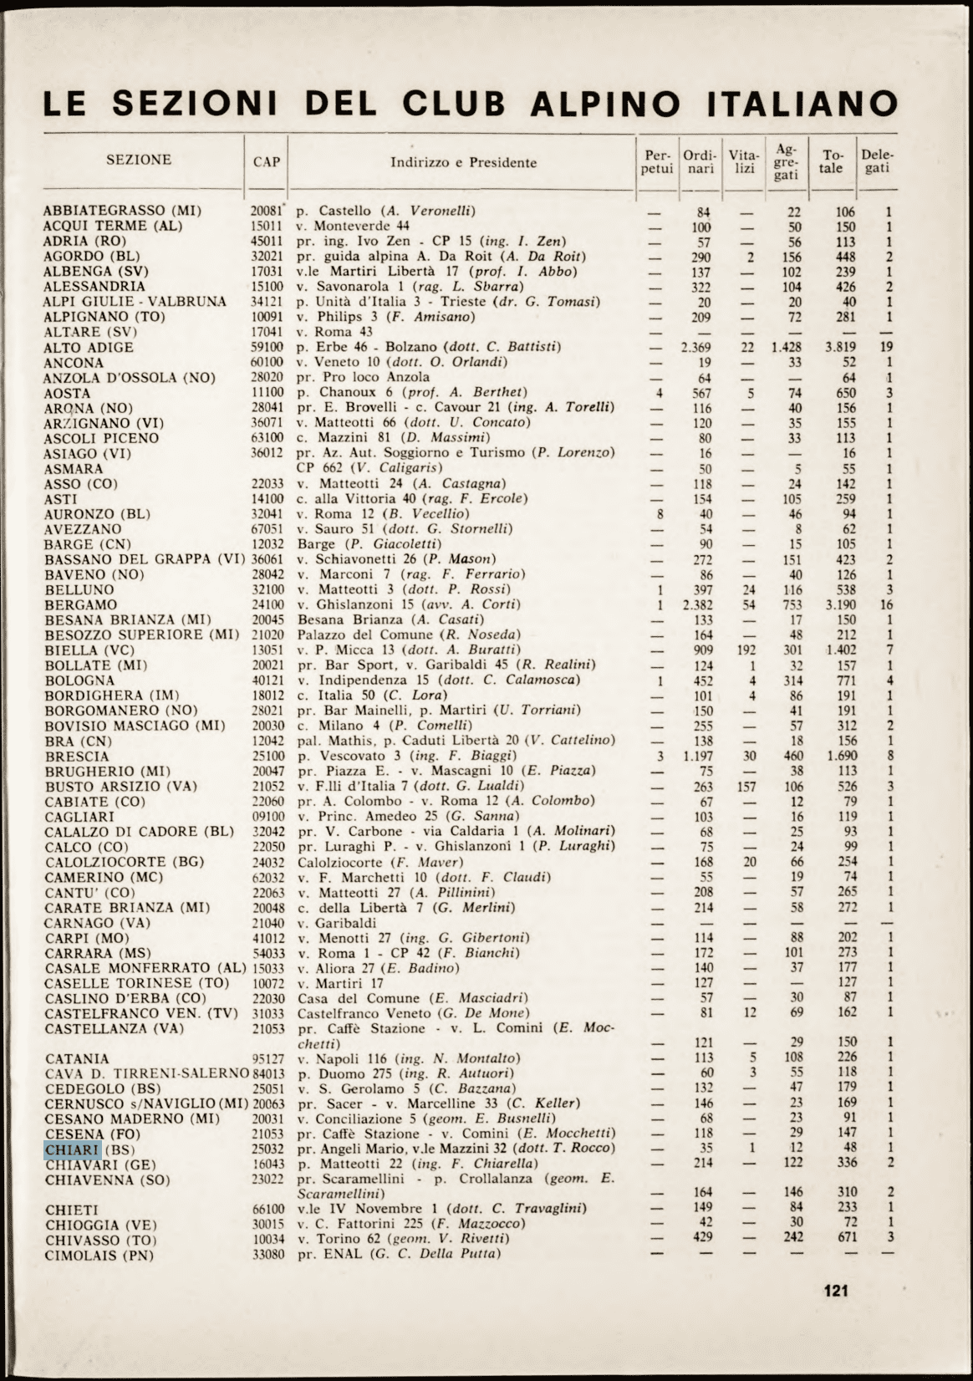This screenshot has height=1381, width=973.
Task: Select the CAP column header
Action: (267, 161)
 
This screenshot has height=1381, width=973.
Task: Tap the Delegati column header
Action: (877, 161)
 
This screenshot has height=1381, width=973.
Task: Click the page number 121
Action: (836, 1290)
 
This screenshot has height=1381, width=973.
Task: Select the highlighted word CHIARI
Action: (73, 1149)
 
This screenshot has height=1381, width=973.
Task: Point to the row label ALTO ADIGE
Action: (89, 348)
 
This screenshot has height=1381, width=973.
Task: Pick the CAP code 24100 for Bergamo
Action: (268, 604)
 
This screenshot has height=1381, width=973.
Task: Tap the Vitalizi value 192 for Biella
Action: (746, 650)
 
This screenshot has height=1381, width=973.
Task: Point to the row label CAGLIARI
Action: (79, 817)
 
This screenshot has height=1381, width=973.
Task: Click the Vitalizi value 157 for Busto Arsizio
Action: (746, 786)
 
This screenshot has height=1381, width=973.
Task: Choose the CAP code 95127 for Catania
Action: (268, 1059)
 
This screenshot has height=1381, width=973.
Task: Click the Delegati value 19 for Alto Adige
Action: (887, 347)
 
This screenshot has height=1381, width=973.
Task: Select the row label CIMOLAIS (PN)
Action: (100, 1256)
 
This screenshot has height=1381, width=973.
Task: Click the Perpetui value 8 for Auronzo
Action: (660, 514)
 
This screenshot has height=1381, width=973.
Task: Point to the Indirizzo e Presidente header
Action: (463, 162)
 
